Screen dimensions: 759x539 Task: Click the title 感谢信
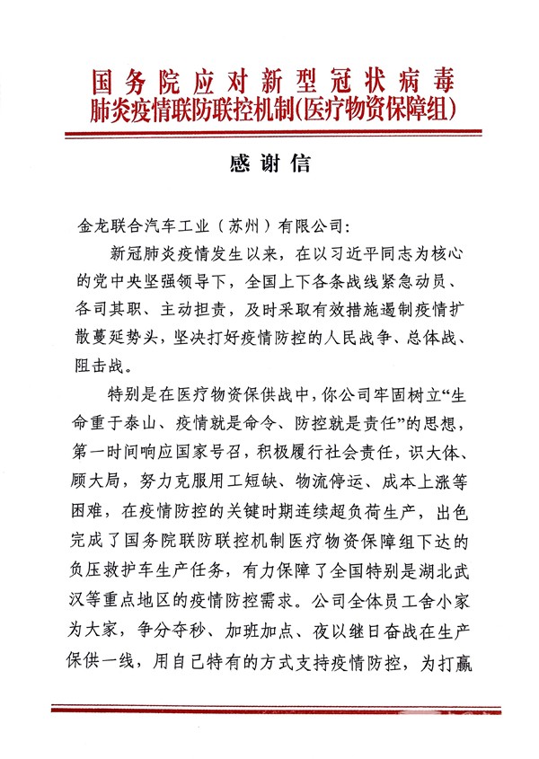pyautogui.click(x=269, y=163)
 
